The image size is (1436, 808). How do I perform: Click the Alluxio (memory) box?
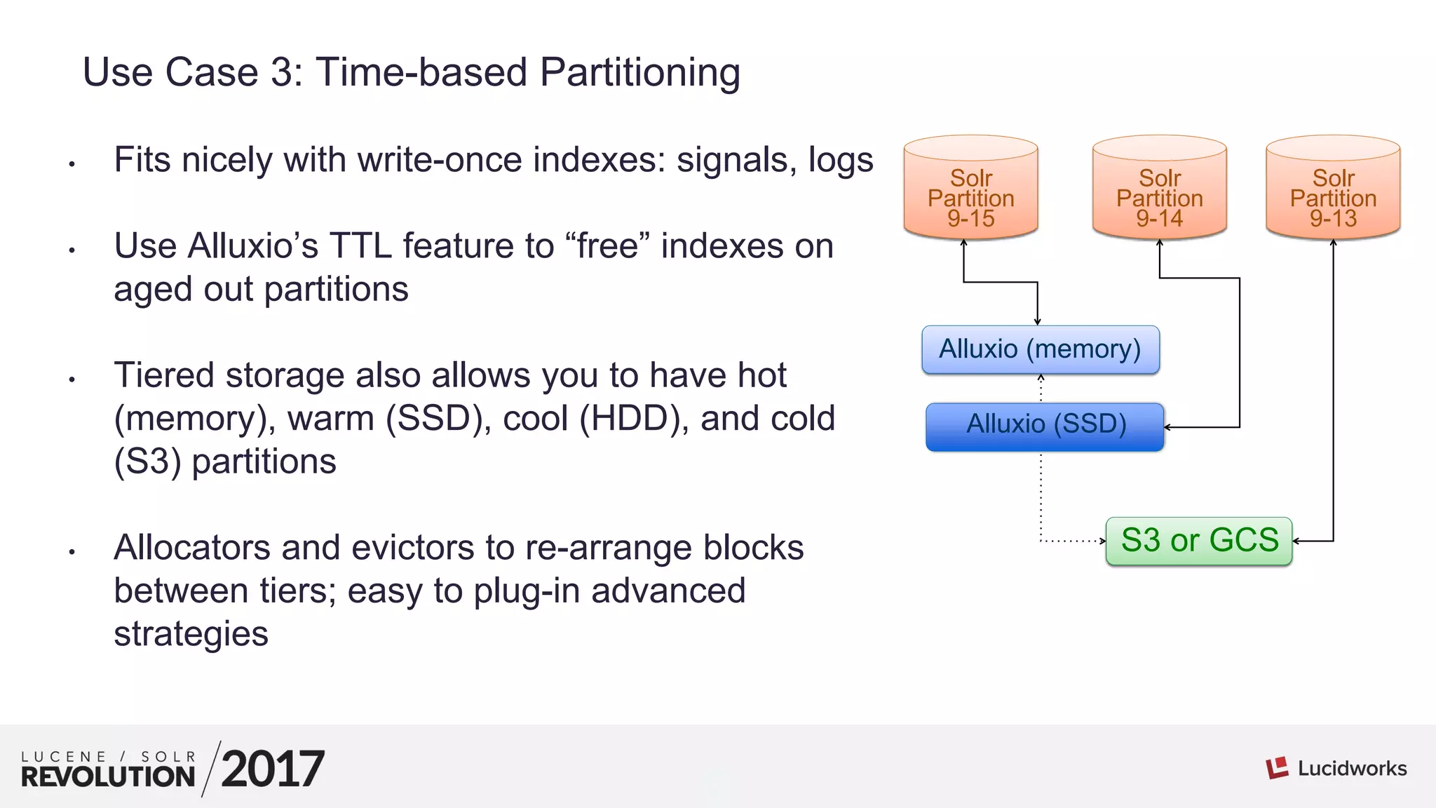[x=1041, y=349]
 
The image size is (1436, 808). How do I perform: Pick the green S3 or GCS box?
[x=1199, y=541]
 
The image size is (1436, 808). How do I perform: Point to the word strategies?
[x=191, y=635]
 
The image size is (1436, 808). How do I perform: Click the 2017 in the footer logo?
[x=272, y=769]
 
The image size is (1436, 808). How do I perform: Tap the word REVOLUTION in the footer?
[x=108, y=776]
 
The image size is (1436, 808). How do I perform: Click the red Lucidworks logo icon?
[x=1277, y=767]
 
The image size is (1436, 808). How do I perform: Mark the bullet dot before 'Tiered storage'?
[x=72, y=379]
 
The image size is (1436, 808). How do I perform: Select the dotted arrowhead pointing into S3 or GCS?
[x=1102, y=541]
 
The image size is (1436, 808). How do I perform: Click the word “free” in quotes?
[x=607, y=246]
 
